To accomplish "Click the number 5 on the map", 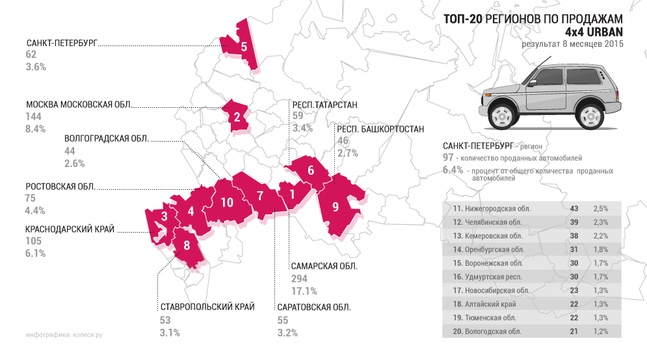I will pos(243,47).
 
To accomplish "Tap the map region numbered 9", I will pos(335,207).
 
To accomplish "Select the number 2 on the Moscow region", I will pos(237,117).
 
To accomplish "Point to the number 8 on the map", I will pos(187,246).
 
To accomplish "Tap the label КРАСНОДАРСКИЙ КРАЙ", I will pos(70,229).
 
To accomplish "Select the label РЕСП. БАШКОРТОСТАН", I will pos(380,129).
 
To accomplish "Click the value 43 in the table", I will pos(574,209).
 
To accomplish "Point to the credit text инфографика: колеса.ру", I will pos(64,335).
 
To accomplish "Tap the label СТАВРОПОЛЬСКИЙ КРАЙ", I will pos(207,307).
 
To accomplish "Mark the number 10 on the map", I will pos(226,202).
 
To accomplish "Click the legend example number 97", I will pos(447,158).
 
